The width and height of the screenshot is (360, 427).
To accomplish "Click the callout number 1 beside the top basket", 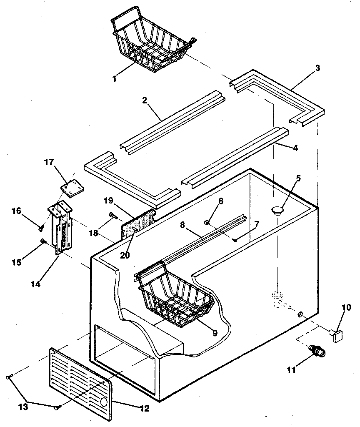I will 114,78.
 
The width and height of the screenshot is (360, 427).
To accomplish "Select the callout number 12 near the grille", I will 144,409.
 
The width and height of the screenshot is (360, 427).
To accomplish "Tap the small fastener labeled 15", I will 43,241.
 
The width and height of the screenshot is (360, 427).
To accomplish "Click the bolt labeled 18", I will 112,215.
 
